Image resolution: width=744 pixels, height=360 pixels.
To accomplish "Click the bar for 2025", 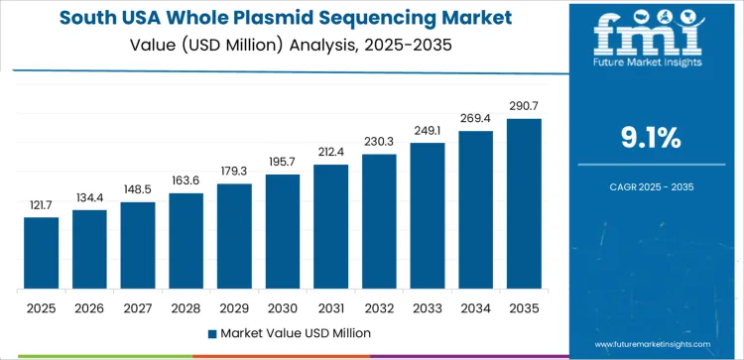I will (41, 253).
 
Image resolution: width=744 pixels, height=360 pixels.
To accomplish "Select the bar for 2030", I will (283, 232).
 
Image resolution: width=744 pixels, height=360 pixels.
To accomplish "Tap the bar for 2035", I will (524, 204).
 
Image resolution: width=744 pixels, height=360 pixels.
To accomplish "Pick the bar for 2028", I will (186, 241).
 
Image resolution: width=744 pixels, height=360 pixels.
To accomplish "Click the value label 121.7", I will (41, 204).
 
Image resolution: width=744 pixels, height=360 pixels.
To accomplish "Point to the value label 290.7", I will (524, 106).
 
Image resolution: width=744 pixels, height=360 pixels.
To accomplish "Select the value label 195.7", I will (283, 162).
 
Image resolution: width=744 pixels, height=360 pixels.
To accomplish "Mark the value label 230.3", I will (379, 142).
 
